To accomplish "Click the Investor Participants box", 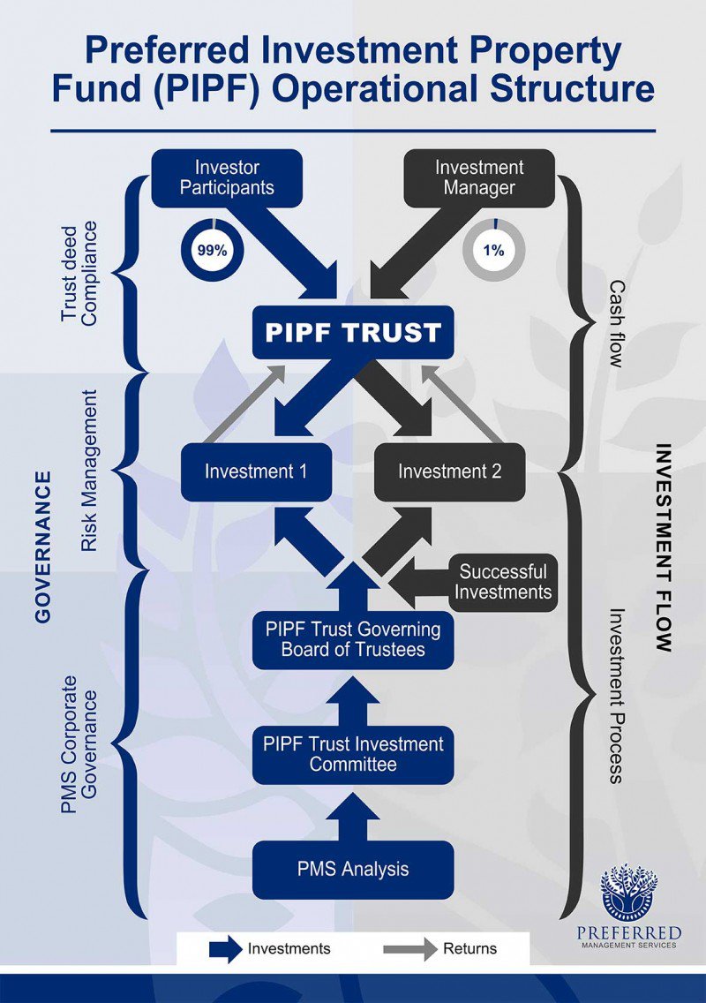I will pos(226,177).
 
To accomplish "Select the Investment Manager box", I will pos(478,177).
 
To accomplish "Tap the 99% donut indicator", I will pos(212,251).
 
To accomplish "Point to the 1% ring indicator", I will pos(493,251).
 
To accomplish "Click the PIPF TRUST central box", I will pos(353,332).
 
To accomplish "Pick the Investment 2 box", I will pos(450,471).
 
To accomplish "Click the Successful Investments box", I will pos(504,582).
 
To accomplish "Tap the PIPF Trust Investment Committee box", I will pos(353,754).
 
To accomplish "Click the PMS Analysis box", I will pos(353,870).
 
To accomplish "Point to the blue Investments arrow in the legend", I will pos(225,949).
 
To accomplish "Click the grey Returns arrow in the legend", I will pos(411,949).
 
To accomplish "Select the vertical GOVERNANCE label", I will pos(42,547).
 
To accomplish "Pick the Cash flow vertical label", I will pos(616,324).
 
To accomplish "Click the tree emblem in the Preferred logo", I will pos(628,892).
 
